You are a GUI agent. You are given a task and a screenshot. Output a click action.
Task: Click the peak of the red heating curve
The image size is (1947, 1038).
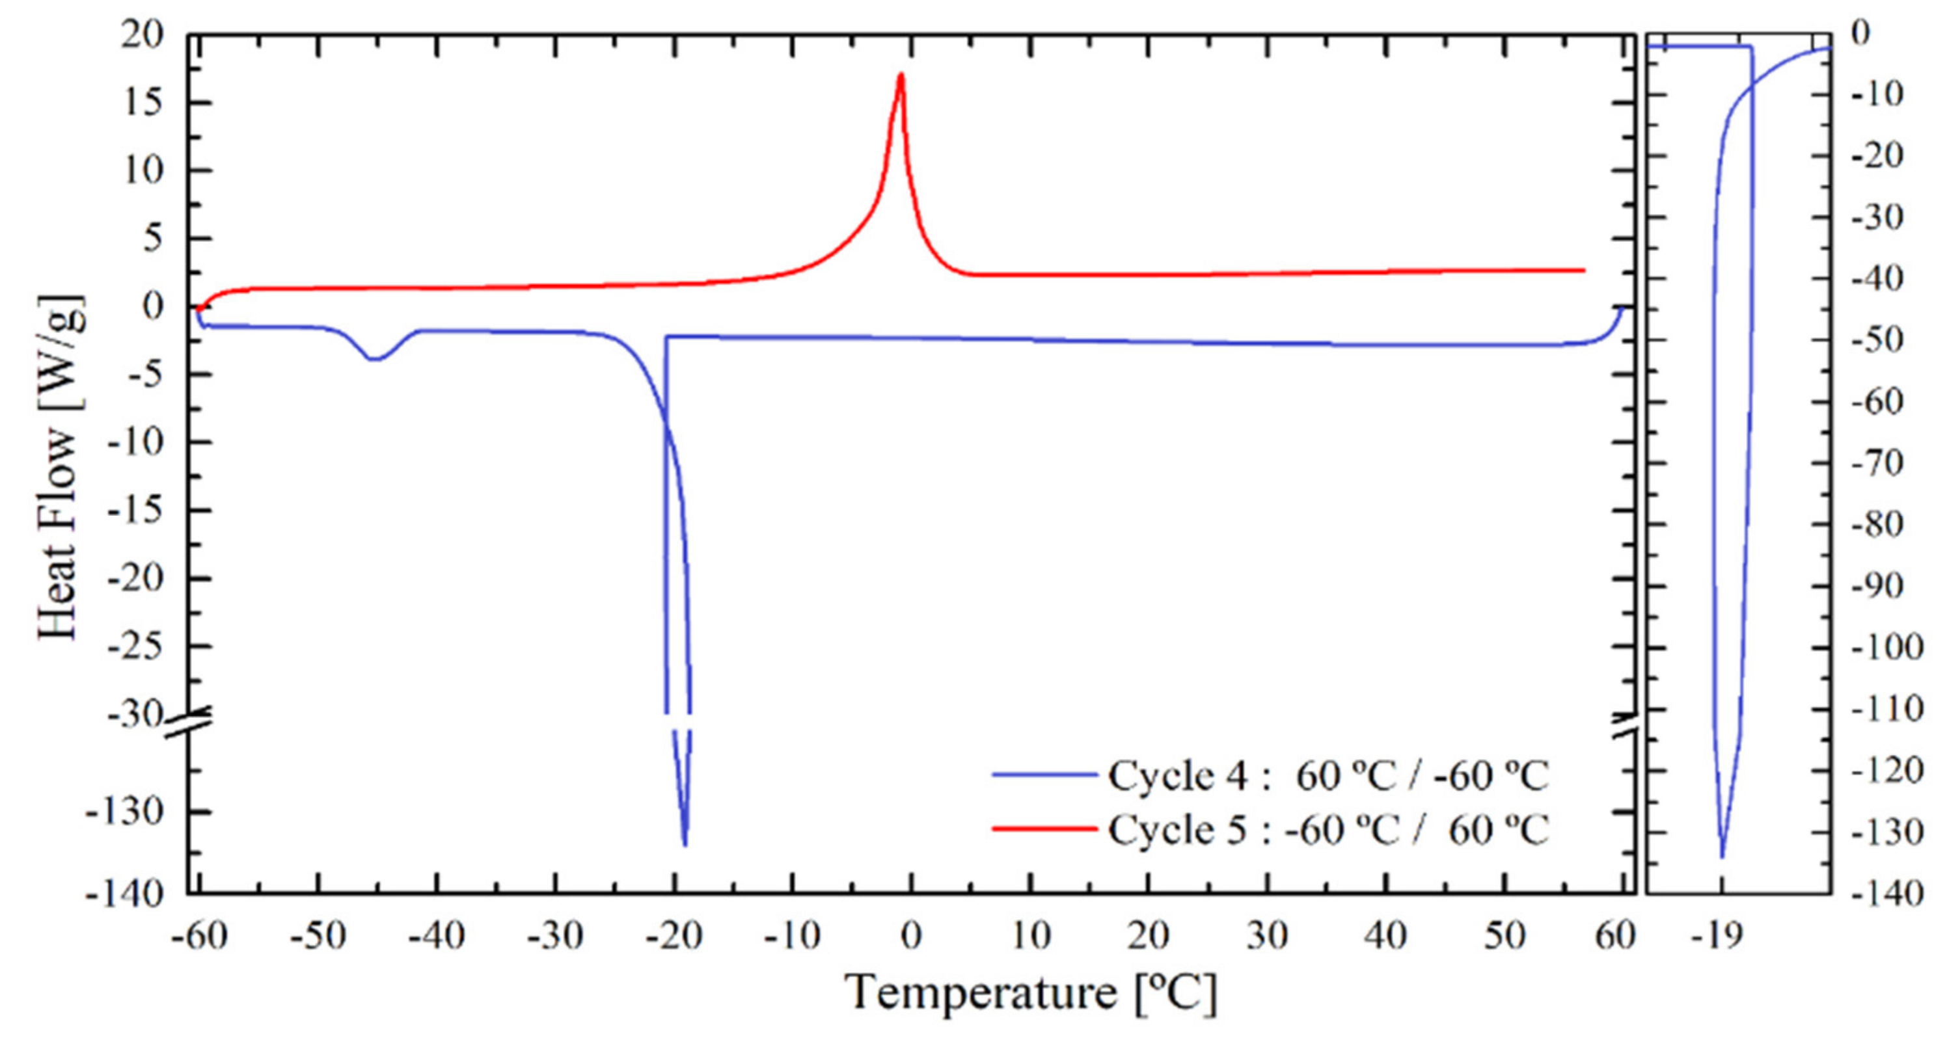pos(900,75)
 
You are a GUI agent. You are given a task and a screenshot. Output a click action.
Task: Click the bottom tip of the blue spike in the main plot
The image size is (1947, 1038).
pos(685,845)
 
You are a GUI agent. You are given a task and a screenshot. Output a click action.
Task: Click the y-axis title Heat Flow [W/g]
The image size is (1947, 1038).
pos(60,467)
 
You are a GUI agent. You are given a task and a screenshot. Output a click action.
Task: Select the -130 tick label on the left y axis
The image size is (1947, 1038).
pos(125,813)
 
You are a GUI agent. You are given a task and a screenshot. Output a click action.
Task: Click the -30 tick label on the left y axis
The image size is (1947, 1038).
pos(135,714)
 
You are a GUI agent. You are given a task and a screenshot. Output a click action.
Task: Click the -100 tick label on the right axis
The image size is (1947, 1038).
pos(1886,647)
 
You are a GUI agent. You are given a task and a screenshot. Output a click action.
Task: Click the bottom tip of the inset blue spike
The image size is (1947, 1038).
pos(1722,856)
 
